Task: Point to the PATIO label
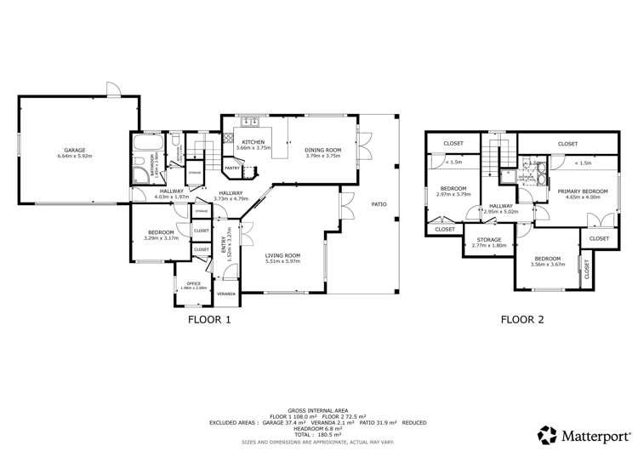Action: pos(379,204)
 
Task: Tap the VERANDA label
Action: pos(226,294)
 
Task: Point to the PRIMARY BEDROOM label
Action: pos(583,191)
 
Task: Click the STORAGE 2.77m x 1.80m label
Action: pos(488,245)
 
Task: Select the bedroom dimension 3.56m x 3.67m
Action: pos(548,264)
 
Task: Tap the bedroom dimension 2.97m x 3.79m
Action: pos(453,193)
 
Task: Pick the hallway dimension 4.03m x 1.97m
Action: pos(173,197)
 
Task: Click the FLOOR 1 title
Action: pos(209,321)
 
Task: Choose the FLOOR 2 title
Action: pos(521,321)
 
